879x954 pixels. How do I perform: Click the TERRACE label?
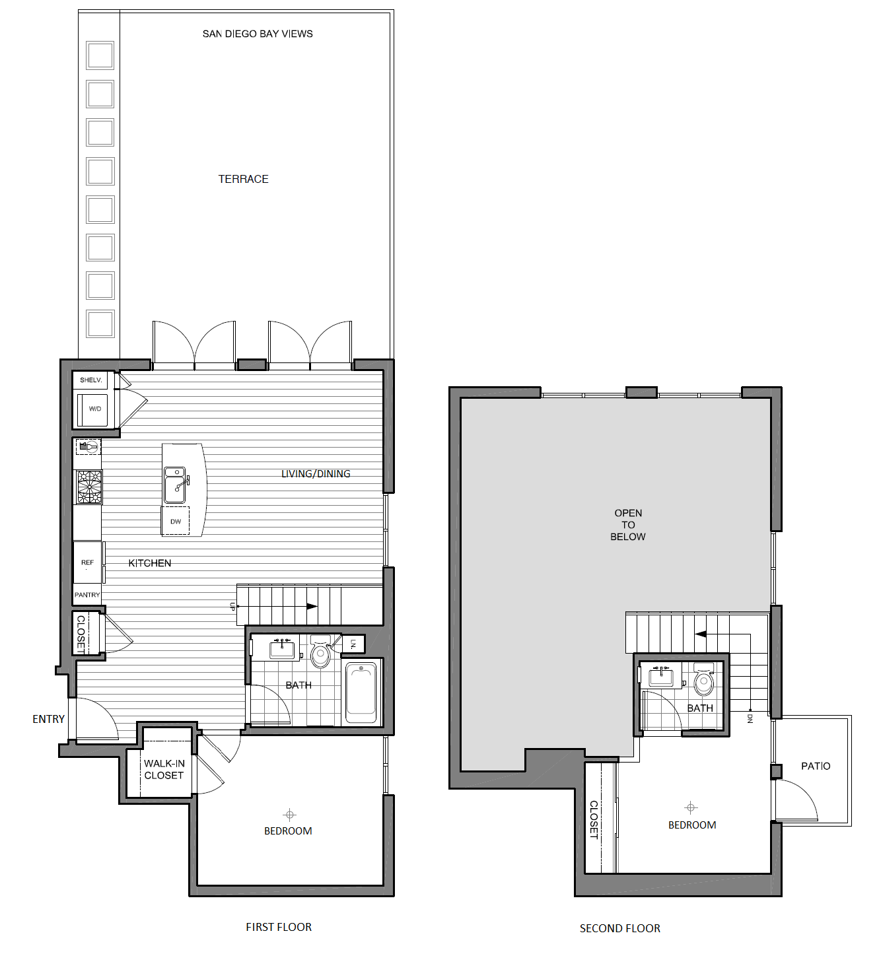(x=243, y=179)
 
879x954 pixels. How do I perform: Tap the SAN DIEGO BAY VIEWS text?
(x=258, y=34)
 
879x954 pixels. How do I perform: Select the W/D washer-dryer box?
(x=95, y=409)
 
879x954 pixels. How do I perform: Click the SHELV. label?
(x=91, y=380)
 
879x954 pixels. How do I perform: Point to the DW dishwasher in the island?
(x=176, y=522)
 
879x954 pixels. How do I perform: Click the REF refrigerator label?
(x=87, y=562)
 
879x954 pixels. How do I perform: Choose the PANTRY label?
(x=87, y=595)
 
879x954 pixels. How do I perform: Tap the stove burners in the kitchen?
(x=88, y=487)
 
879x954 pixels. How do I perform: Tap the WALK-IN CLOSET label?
(x=164, y=769)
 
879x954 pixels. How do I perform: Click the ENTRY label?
(x=48, y=719)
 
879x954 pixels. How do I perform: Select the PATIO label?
(x=816, y=766)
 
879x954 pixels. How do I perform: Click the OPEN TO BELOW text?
(x=628, y=525)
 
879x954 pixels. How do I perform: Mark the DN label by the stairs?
(x=750, y=718)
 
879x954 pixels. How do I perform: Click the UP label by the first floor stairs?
(x=232, y=606)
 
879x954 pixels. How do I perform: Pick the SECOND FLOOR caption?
(x=619, y=928)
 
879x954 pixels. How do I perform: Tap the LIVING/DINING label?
(x=316, y=473)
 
